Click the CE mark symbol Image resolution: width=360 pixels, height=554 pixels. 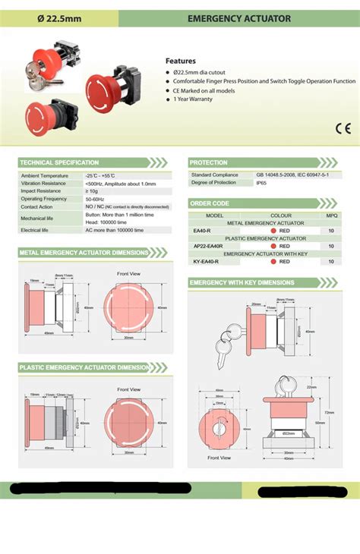pos(343,127)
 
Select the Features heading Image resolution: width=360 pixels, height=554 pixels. pos(181,61)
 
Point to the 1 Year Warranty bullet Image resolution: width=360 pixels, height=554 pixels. pos(194,99)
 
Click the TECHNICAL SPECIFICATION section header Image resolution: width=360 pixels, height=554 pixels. pos(59,162)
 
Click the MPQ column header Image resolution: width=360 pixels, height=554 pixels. pos(331,216)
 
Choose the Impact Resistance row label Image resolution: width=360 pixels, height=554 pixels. pos(42,190)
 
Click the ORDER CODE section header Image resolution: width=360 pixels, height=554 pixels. pos(210,203)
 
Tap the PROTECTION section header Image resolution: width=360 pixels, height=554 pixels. pos(209,162)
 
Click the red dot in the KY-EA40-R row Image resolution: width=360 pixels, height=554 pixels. pos(273,261)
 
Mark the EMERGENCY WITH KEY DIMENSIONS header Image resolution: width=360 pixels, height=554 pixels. pos(241,282)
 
